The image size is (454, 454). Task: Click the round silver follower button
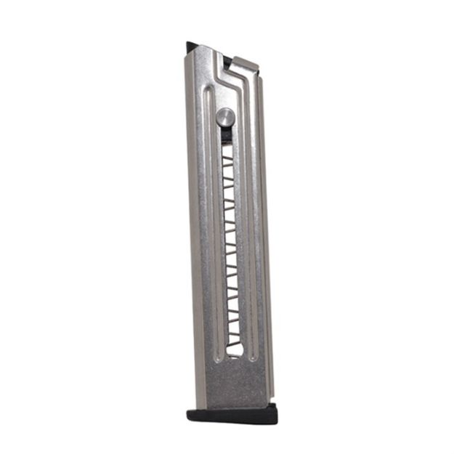point(225,116)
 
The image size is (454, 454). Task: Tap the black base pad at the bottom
point(232,415)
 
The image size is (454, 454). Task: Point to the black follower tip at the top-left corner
point(192,47)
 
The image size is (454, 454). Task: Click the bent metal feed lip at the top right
point(246,65)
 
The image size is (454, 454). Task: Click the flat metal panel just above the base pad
point(232,385)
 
